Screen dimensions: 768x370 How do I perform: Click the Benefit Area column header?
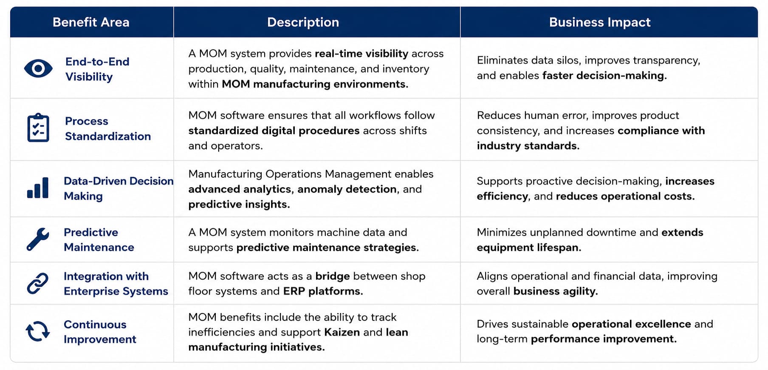(x=91, y=22)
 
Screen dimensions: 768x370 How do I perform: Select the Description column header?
(x=303, y=22)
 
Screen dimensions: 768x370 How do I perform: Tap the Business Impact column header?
(x=600, y=22)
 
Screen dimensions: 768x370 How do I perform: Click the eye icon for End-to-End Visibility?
(x=38, y=68)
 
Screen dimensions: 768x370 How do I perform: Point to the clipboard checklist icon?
(x=38, y=128)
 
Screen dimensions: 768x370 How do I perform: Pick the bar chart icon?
(x=38, y=188)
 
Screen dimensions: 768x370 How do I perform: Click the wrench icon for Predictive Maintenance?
(x=38, y=239)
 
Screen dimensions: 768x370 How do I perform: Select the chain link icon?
(x=38, y=283)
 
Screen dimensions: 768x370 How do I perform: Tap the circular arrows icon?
(x=38, y=331)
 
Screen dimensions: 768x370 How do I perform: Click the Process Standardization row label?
(x=108, y=128)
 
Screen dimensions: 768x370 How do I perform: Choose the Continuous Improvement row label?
(x=100, y=332)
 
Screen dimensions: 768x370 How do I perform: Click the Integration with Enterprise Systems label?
(x=116, y=284)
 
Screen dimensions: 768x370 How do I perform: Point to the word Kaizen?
(x=342, y=332)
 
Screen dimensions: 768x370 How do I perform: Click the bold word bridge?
(x=333, y=276)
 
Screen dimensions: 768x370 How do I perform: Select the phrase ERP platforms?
(x=323, y=291)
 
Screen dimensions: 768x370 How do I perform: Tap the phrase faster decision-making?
(x=604, y=76)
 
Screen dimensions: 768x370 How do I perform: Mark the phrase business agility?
(x=556, y=291)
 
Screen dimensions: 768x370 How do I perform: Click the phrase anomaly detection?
(x=347, y=189)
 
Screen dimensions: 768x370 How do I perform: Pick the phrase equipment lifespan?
(x=529, y=248)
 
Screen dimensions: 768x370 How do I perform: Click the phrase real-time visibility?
(x=361, y=54)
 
